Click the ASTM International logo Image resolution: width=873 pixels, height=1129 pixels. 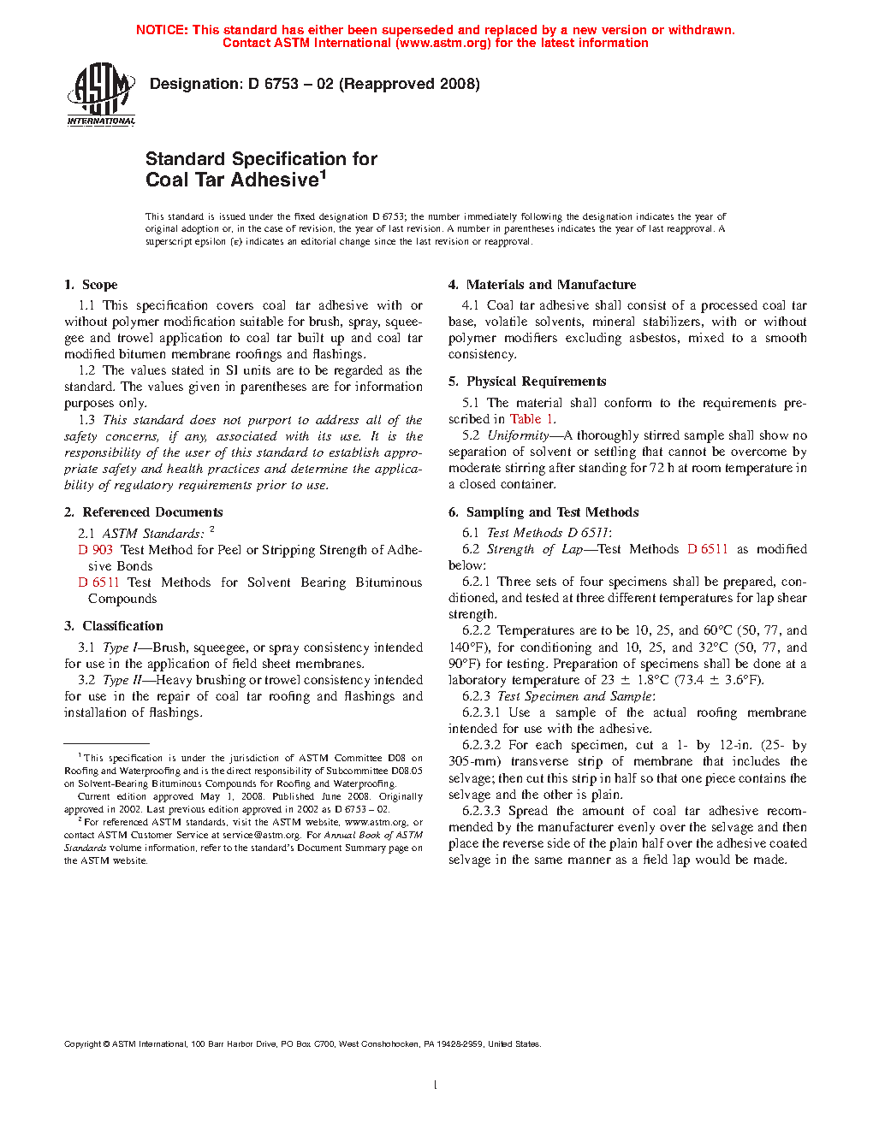[101, 95]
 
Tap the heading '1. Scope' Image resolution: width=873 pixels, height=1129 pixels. [91, 285]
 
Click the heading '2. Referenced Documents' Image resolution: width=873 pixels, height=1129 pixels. [143, 512]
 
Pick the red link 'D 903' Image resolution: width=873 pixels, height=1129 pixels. [96, 550]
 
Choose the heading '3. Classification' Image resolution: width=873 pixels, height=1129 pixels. [113, 626]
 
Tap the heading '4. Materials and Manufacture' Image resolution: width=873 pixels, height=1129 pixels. [542, 285]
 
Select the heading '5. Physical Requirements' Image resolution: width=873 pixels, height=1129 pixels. [527, 381]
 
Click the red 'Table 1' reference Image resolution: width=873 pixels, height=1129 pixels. [532, 419]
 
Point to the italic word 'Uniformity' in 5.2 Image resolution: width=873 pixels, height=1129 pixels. [518, 435]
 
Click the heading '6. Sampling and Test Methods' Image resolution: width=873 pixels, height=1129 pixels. [543, 512]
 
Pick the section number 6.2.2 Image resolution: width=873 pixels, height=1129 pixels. [477, 630]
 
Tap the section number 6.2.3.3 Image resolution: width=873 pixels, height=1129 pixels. [481, 811]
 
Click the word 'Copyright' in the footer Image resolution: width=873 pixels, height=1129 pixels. [82, 1043]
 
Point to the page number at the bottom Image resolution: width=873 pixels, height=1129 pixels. [436, 1085]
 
